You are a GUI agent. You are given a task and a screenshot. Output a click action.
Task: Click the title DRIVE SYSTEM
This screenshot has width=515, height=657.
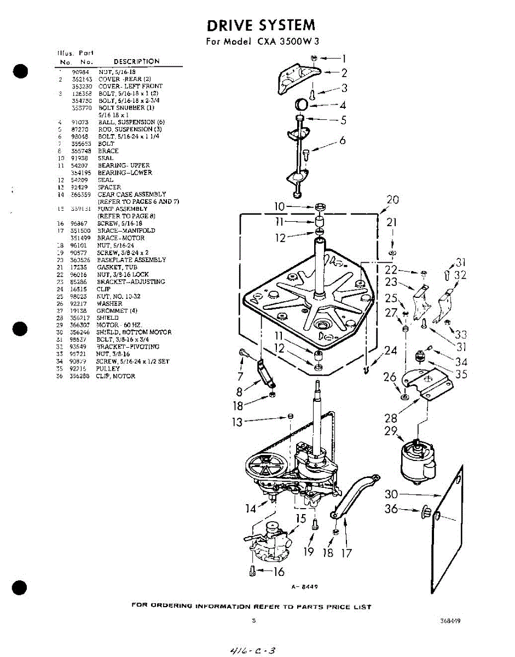coord(261,25)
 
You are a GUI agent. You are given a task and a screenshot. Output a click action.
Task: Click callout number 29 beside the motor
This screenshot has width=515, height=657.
coord(391,431)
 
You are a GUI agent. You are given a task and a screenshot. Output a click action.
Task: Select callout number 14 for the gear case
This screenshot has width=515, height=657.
coord(251,509)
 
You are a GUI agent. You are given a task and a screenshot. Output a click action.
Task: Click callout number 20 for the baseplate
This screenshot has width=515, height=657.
coord(392,200)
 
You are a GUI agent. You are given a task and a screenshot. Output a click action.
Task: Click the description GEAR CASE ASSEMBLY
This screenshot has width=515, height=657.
coord(132,194)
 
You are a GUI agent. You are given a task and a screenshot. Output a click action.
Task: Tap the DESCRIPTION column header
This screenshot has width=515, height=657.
coord(136,61)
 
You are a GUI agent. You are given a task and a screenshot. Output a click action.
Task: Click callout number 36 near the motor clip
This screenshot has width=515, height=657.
coord(391,509)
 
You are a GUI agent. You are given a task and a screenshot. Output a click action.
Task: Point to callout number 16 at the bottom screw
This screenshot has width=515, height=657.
coord(279,572)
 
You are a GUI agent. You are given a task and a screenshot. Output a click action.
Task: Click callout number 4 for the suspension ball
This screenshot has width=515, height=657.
coord(343,105)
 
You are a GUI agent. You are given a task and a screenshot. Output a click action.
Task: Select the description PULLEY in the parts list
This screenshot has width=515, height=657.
coord(108,369)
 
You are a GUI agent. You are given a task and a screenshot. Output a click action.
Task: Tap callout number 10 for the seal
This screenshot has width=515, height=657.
coord(280,206)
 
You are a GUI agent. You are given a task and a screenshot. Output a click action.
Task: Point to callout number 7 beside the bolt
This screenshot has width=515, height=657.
coord(240,377)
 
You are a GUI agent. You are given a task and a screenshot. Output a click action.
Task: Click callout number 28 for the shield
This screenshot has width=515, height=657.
coord(391,418)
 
